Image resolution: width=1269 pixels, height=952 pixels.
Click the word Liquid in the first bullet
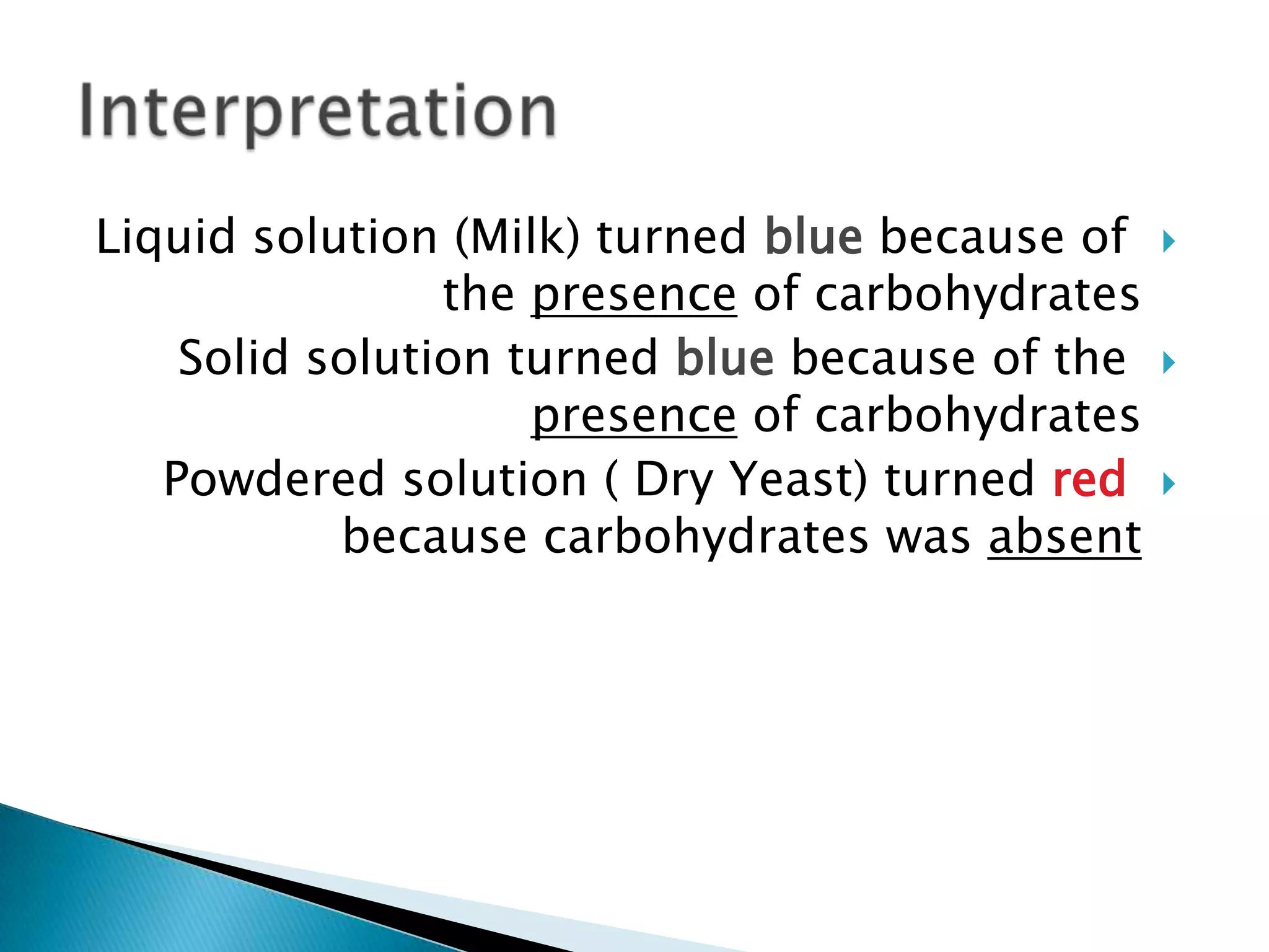[x=165, y=238]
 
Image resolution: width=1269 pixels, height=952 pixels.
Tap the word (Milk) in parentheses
[x=517, y=237]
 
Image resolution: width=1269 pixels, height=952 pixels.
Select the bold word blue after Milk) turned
[x=814, y=237]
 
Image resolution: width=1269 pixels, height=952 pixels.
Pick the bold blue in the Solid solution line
[x=724, y=358]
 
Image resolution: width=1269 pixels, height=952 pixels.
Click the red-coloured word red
[x=1089, y=479]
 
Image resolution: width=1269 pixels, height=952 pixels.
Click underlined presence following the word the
[x=634, y=295]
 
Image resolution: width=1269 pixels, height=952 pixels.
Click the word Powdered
[x=274, y=479]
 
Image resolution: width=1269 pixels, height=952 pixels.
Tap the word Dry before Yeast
[x=674, y=480]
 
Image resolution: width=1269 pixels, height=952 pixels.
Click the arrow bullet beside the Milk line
[x=1168, y=241]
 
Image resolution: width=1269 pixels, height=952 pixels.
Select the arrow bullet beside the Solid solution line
[x=1168, y=363]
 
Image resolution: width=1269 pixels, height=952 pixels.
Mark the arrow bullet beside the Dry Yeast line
[x=1168, y=483]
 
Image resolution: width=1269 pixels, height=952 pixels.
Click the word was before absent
[x=928, y=538]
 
